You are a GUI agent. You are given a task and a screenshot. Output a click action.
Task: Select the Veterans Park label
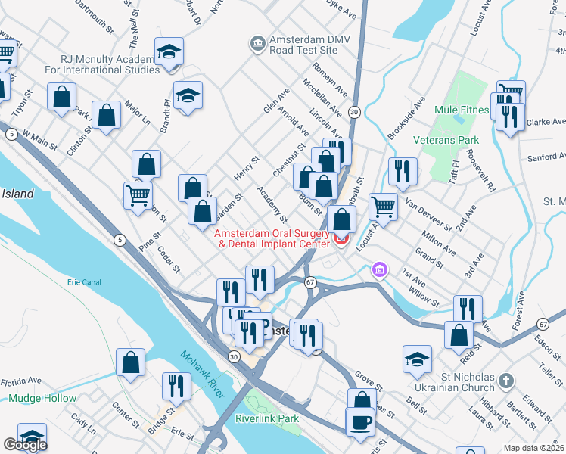[446, 140]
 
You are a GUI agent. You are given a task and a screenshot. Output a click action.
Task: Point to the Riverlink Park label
[267, 418]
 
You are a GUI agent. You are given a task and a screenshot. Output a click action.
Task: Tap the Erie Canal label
[84, 281]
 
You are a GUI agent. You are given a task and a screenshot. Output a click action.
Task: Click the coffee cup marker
[360, 421]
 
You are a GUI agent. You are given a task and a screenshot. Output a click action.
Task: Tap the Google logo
[25, 445]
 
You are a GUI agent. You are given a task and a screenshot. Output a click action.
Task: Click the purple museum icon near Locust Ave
[379, 269]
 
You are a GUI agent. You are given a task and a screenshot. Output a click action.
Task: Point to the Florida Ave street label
[20, 381]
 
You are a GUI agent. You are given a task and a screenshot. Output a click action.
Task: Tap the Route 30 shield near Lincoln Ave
[354, 111]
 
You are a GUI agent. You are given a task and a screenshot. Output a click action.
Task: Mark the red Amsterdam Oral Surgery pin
[339, 241]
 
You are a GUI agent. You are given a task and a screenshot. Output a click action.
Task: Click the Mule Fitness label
[462, 110]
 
